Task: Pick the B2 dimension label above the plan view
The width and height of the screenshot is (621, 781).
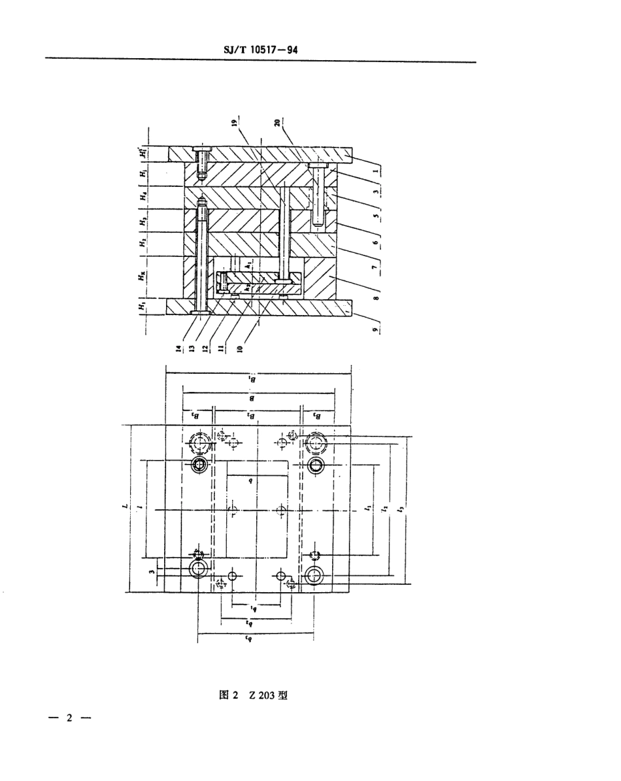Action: [252, 414]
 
